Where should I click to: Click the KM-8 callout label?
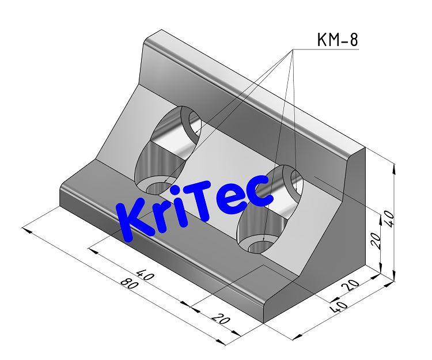coord(338,40)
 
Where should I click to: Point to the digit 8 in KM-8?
coord(353,40)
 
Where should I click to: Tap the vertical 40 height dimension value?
coord(389,219)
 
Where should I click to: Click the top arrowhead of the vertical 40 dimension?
coord(394,168)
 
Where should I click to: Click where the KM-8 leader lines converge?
coord(292,51)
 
